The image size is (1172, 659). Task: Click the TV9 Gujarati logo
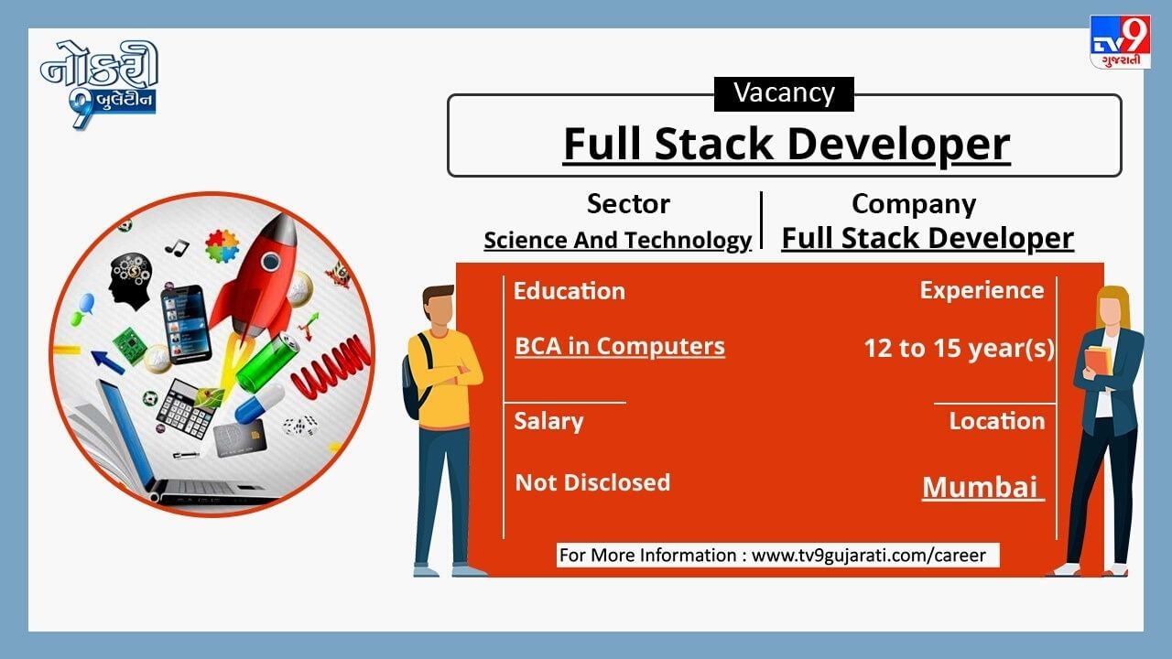click(x=1120, y=42)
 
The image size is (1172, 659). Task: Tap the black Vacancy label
click(x=784, y=94)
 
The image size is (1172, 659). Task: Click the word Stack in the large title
click(x=713, y=144)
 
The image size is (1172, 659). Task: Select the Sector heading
click(x=628, y=203)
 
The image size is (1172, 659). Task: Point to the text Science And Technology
click(x=617, y=241)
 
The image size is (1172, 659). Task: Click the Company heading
click(x=914, y=204)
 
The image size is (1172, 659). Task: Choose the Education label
click(x=570, y=291)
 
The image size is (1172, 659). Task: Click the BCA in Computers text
click(x=620, y=347)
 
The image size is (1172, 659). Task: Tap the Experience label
click(x=982, y=291)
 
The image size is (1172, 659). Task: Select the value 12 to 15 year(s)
click(x=959, y=349)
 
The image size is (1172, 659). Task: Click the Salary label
click(x=548, y=422)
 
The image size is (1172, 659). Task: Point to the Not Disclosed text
click(x=592, y=482)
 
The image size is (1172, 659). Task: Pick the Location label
click(x=997, y=421)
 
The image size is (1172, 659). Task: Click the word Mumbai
click(x=980, y=488)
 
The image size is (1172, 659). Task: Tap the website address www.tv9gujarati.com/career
click(x=869, y=556)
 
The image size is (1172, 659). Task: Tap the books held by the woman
click(x=1099, y=361)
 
